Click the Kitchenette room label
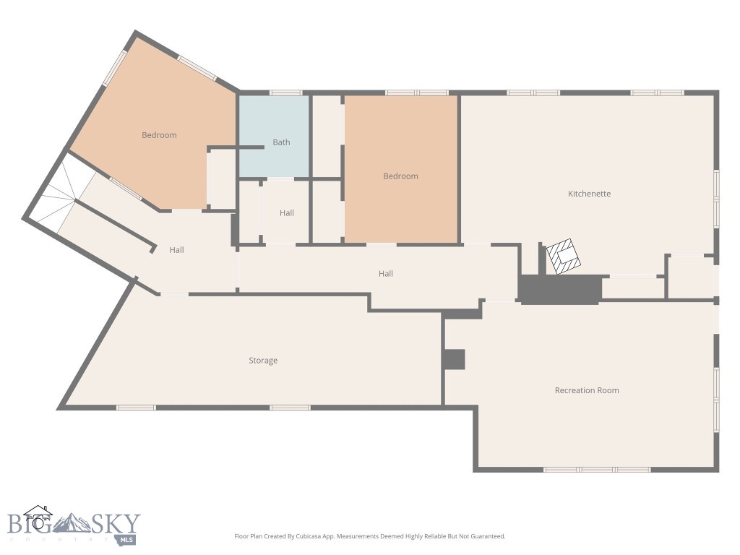click(589, 194)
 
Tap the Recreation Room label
click(586, 390)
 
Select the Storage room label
click(263, 361)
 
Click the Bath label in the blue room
click(281, 142)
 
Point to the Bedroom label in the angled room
click(159, 135)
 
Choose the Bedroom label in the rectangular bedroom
click(400, 176)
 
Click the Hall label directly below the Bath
click(287, 213)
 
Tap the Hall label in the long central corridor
click(386, 274)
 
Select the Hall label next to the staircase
click(177, 250)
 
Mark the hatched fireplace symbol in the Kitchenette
click(562, 257)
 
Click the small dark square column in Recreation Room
click(454, 359)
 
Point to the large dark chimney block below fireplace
click(560, 289)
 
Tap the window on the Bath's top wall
click(285, 92)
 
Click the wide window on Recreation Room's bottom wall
click(597, 470)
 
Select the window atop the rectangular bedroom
click(416, 92)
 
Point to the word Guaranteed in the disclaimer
click(487, 536)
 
